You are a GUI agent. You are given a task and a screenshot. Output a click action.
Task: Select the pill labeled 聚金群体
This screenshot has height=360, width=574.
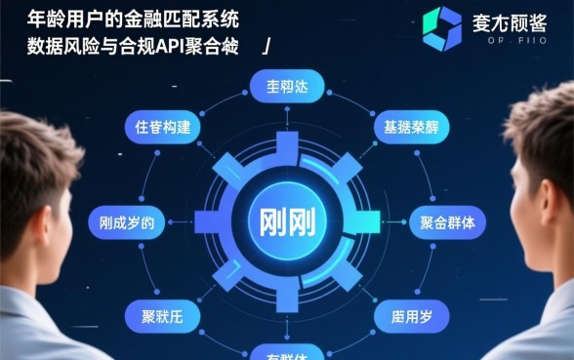point(446,222)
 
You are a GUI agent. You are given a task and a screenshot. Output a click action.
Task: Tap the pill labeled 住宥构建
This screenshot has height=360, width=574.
point(162,128)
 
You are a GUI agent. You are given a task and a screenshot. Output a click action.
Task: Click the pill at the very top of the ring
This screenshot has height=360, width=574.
point(287,84)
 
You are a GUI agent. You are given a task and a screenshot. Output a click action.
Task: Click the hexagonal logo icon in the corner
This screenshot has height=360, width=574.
point(441,27)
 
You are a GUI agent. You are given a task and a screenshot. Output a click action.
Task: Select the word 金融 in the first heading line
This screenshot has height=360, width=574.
point(138,19)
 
